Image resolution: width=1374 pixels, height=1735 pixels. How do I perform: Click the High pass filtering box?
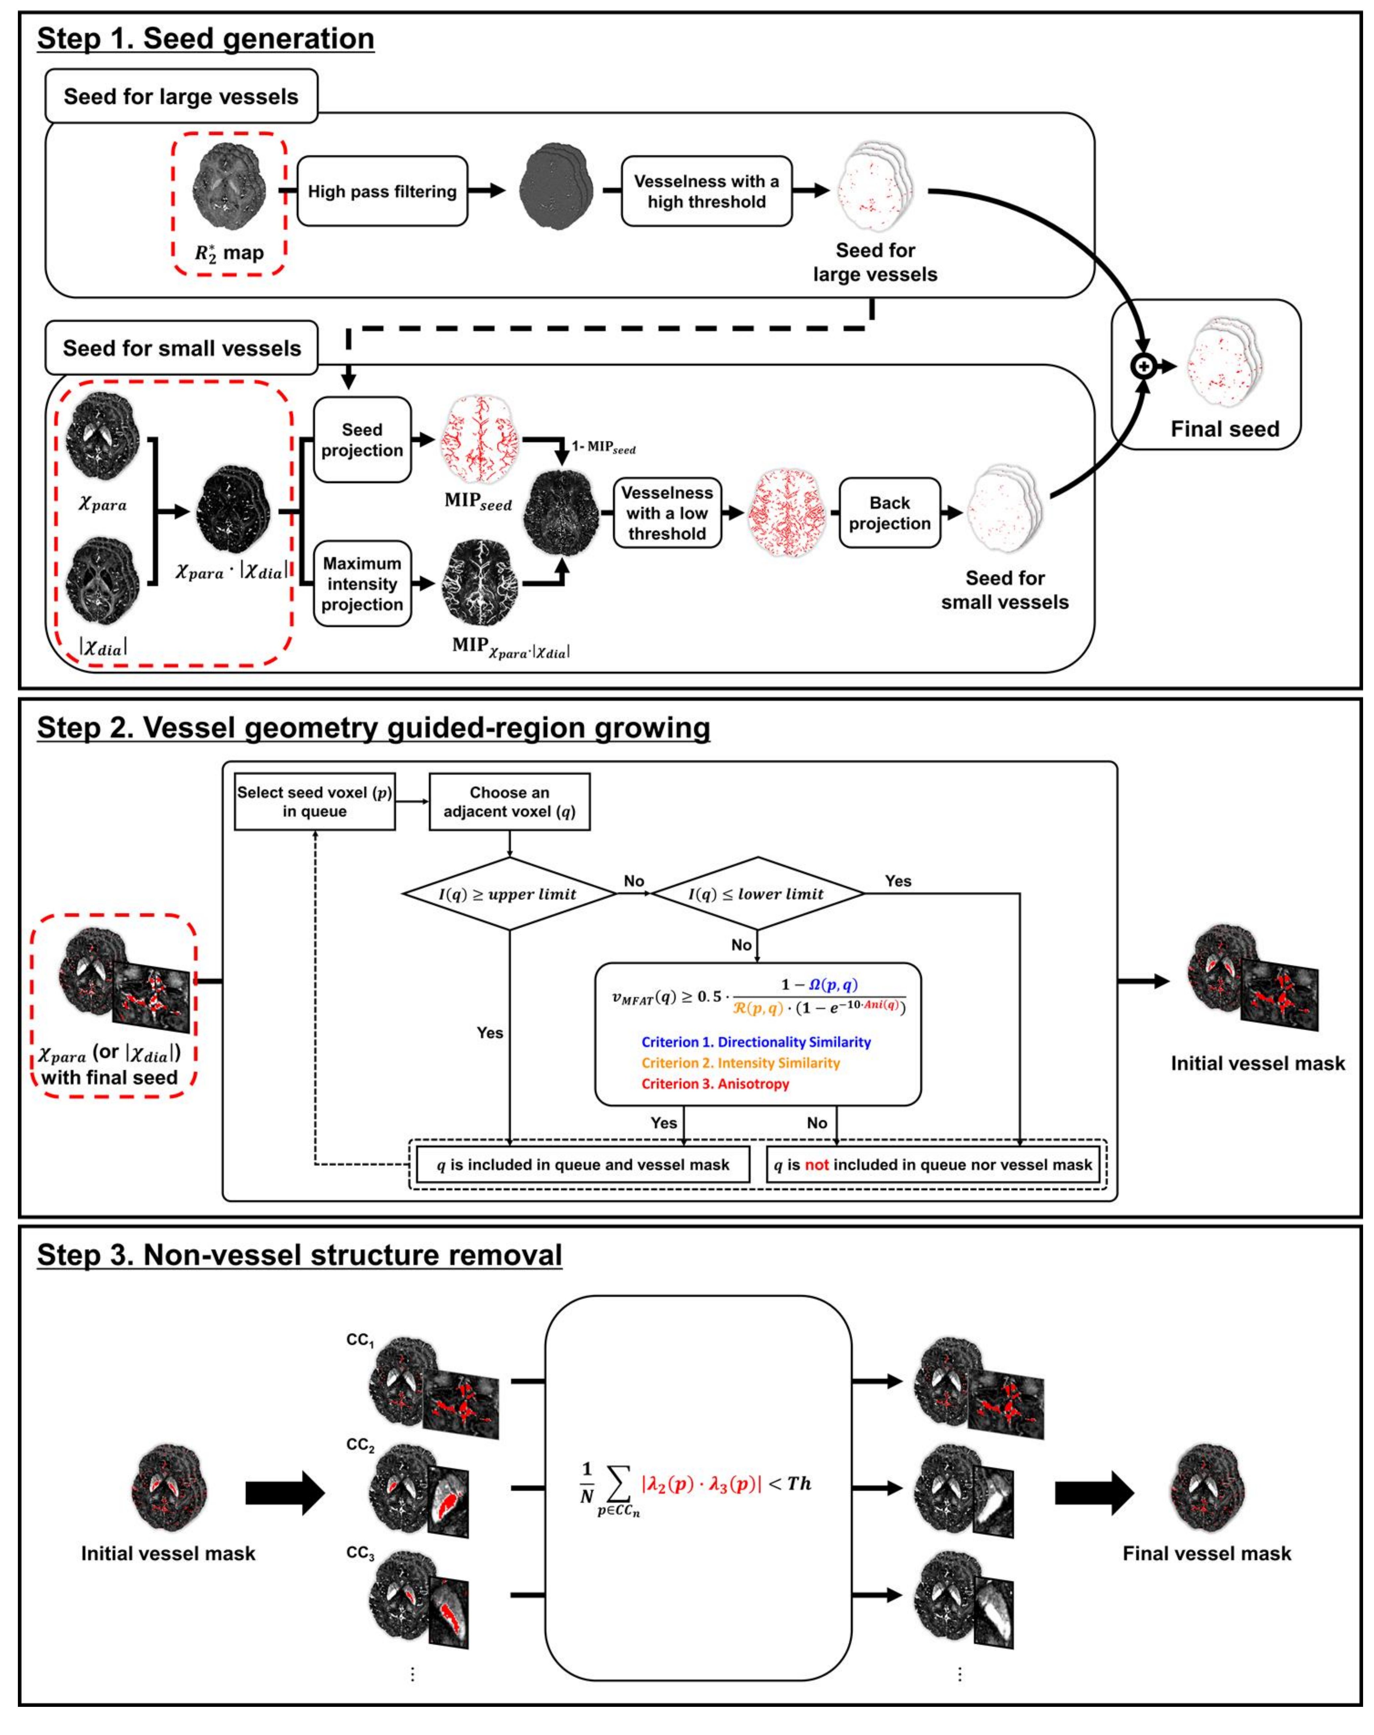(382, 191)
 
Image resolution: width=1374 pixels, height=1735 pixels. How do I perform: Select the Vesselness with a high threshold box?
(706, 191)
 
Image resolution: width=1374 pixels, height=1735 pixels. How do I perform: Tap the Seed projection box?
(362, 440)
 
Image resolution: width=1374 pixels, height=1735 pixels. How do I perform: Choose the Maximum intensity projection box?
(362, 583)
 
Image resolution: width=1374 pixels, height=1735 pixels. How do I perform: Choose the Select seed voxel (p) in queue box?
(315, 802)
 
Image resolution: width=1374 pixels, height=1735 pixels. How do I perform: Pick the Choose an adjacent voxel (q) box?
(509, 802)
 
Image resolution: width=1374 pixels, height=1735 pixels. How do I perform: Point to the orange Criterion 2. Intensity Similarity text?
(740, 1063)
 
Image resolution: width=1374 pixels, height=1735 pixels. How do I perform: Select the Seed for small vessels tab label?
(182, 348)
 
